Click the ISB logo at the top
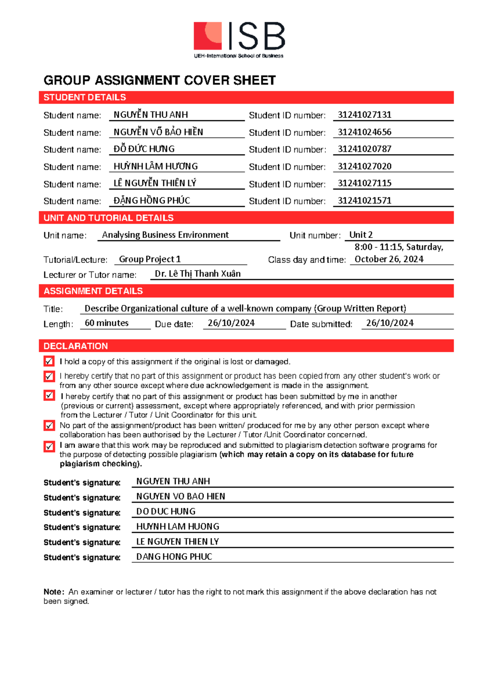pos(239,39)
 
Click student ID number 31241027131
pos(364,115)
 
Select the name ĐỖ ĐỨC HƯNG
pos(144,149)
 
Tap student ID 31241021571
pos(364,201)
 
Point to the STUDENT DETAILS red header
pos(85,98)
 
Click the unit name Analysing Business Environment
pos(165,235)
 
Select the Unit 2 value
pos(361,235)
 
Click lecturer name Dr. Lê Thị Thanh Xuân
pos(198,274)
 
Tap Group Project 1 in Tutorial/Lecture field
pos(150,259)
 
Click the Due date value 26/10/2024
pos(231,323)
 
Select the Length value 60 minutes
pos(107,323)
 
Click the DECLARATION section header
pos(76,346)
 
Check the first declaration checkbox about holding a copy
pos(49,361)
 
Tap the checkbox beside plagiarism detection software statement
pos(49,446)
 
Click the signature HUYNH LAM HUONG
pos(178,526)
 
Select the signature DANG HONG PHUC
pos(174,556)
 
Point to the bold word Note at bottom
pos(53,592)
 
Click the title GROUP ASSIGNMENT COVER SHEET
pos(160,80)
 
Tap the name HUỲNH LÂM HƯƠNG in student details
pos(156,166)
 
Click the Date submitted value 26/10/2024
pos(390,323)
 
